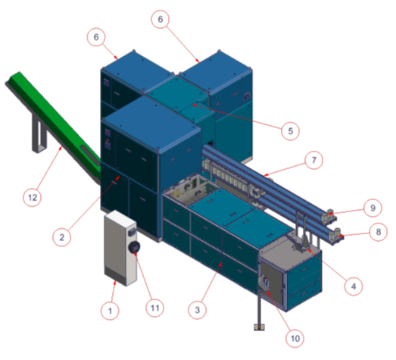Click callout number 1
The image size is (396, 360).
click(x=110, y=311)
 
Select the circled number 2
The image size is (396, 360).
click(x=62, y=237)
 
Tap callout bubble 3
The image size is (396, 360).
click(x=197, y=310)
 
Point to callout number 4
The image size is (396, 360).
click(x=354, y=286)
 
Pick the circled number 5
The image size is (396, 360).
click(x=291, y=131)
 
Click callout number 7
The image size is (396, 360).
click(x=313, y=160)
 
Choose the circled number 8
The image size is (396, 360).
click(x=378, y=232)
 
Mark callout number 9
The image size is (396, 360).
click(x=373, y=208)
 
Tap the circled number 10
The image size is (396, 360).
click(x=295, y=338)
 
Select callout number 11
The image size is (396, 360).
click(x=154, y=308)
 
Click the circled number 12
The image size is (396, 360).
click(x=33, y=197)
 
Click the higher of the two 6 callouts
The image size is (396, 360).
click(x=161, y=19)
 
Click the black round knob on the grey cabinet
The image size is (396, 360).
click(x=134, y=247)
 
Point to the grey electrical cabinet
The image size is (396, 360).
click(x=120, y=248)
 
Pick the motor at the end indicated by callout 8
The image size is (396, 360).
click(x=337, y=233)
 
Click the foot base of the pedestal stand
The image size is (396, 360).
click(x=260, y=327)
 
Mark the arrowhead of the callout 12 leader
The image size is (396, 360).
click(x=61, y=148)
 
